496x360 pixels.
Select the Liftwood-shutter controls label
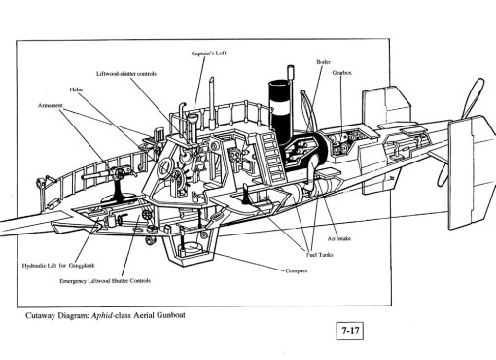click(x=126, y=73)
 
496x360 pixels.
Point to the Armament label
click(x=51, y=104)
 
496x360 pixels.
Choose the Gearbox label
click(x=341, y=72)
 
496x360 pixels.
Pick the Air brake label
click(x=338, y=236)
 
